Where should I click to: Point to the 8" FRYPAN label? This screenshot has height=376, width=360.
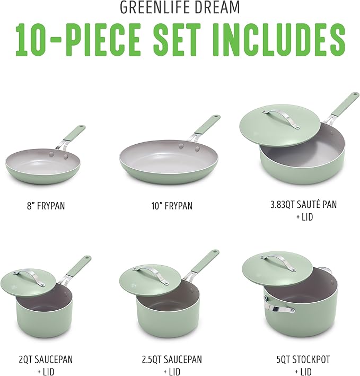coord(43,205)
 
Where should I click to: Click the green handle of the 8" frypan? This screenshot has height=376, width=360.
coord(74,133)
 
